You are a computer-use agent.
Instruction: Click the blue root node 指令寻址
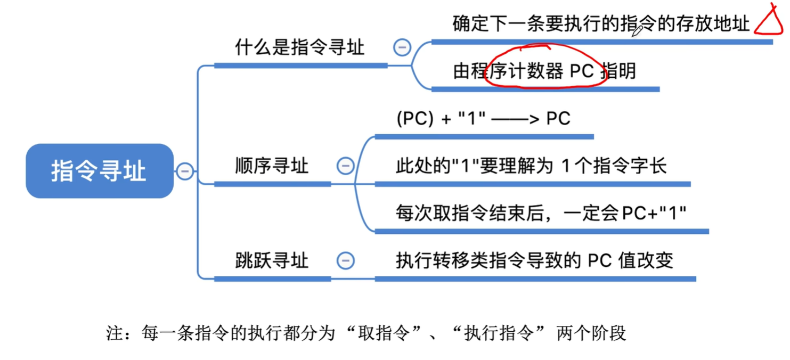[x=99, y=171]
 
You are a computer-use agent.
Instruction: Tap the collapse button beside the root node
[x=185, y=171]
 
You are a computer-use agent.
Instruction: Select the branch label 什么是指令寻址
[x=300, y=48]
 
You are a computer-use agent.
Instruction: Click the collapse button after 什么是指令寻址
[x=402, y=47]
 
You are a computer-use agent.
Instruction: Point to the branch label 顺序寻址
[x=272, y=166]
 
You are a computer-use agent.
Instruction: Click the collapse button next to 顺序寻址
[x=345, y=166]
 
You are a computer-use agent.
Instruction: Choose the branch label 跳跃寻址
[x=272, y=260]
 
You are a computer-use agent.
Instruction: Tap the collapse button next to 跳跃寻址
[x=345, y=260]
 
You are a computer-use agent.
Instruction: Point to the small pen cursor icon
[x=637, y=31]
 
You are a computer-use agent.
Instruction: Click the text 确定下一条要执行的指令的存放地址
[x=601, y=24]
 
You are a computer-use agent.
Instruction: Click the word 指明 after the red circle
[x=618, y=71]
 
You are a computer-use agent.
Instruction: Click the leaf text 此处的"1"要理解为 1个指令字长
[x=531, y=166]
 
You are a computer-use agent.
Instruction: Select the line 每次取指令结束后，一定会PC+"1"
[x=541, y=213]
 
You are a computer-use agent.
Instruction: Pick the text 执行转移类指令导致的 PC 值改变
[x=534, y=260]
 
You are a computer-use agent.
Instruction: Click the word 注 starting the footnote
[x=115, y=333]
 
